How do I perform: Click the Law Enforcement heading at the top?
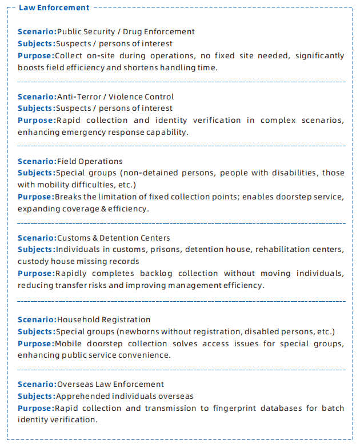54,7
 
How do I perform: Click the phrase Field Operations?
90,161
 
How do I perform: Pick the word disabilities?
290,173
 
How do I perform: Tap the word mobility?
53,185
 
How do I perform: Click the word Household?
77,319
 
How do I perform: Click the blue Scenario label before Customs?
37,238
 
